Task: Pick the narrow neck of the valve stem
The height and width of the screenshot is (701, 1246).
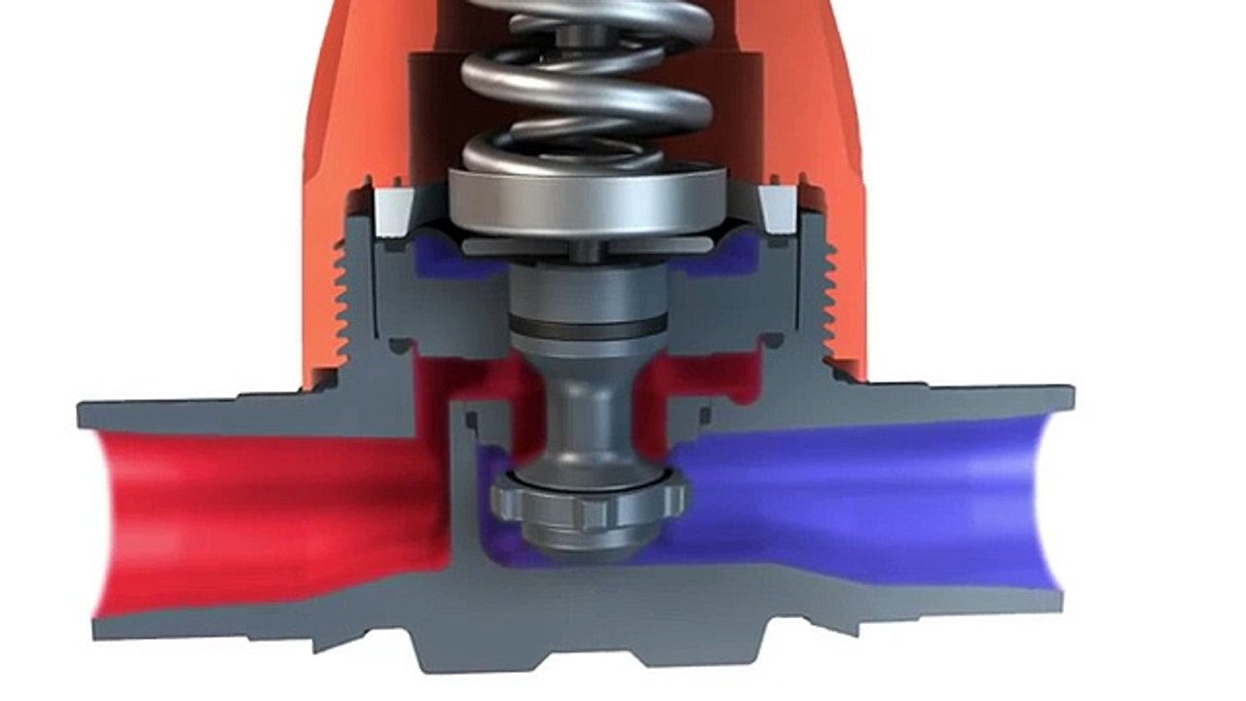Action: (588, 409)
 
